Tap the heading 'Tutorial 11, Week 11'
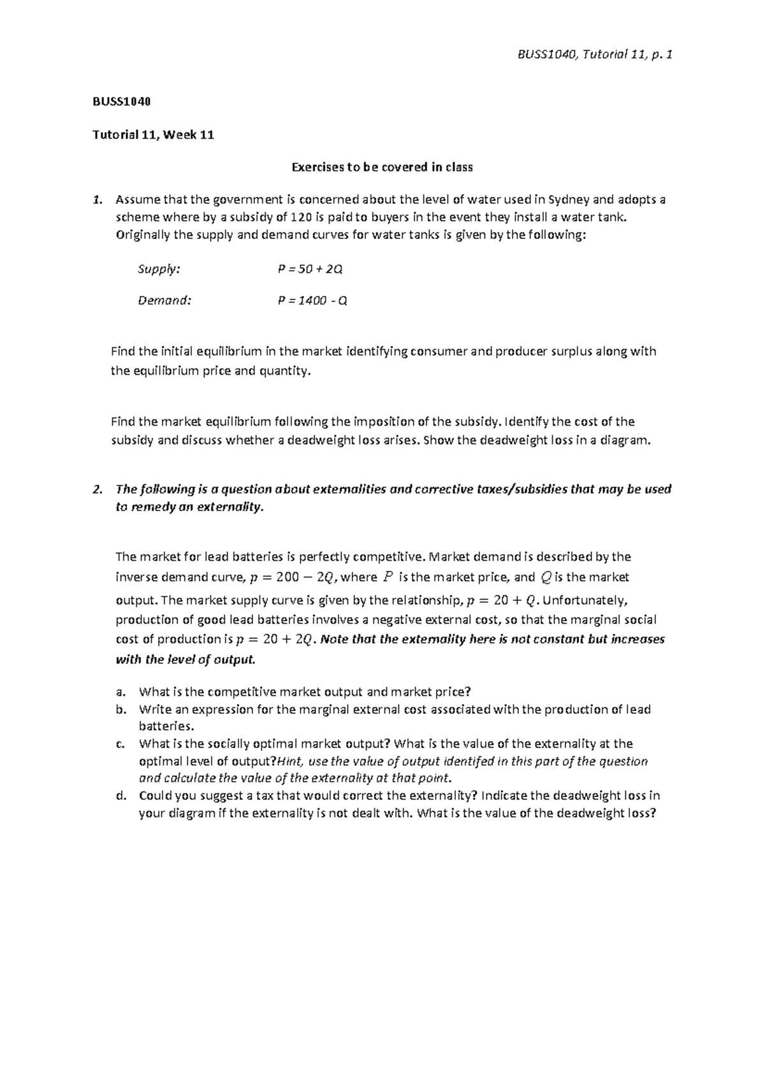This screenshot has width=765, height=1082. click(x=153, y=134)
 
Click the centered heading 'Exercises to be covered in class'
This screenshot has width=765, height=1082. click(x=382, y=168)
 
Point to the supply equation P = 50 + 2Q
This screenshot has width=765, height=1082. click(x=310, y=269)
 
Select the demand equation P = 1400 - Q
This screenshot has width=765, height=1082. click(x=312, y=301)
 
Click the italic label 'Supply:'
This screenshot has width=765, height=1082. click(x=159, y=269)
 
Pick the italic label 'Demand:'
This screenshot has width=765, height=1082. click(x=164, y=301)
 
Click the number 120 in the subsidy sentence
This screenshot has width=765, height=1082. click(x=300, y=217)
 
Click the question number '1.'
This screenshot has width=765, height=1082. click(x=97, y=199)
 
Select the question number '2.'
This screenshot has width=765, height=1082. click(x=97, y=489)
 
